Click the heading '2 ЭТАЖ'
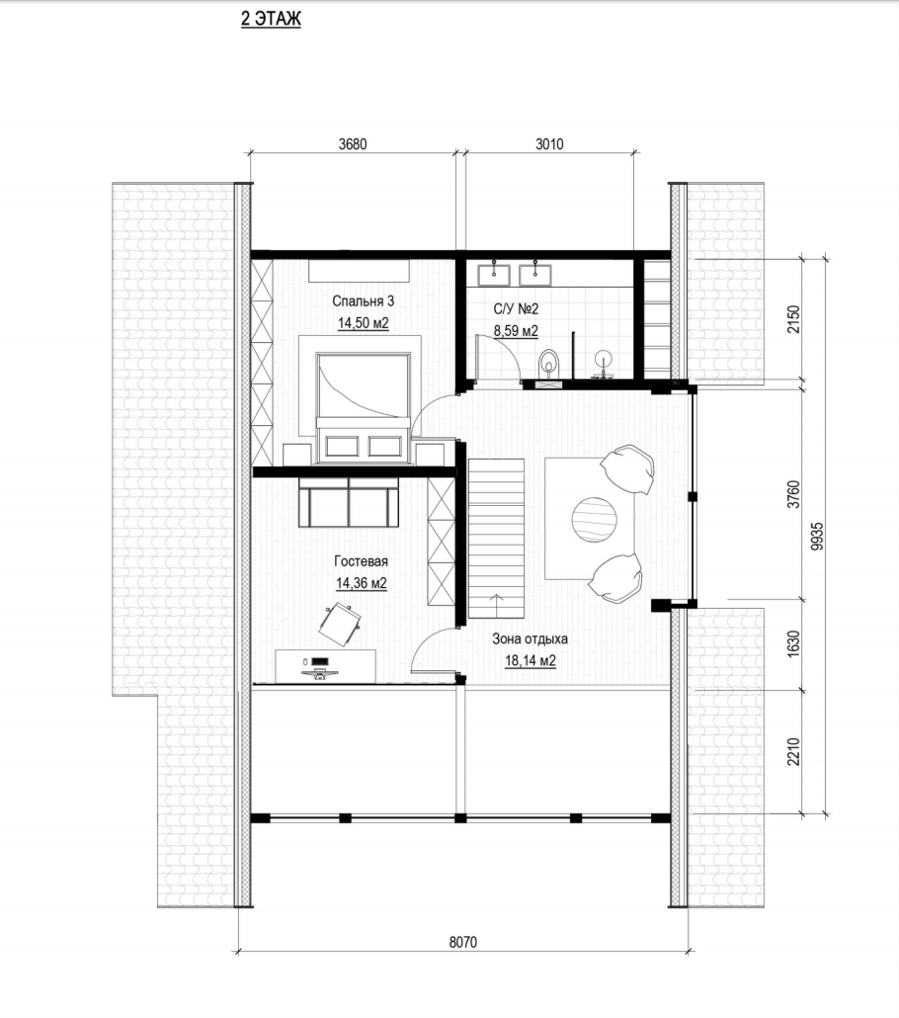[271, 19]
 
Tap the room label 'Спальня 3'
[363, 301]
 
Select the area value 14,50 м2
[363, 322]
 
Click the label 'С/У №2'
[516, 309]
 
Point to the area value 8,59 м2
[516, 331]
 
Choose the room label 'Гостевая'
[361, 561]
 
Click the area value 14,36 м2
[361, 583]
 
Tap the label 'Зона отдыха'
[530, 638]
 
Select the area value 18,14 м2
[531, 661]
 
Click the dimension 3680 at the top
[353, 144]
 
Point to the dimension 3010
[549, 144]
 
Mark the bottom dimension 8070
[462, 941]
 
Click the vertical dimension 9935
[817, 537]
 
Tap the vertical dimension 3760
[793, 494]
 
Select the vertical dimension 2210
[793, 751]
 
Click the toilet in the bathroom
[549, 363]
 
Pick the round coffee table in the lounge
[594, 520]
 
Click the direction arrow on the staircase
[497, 606]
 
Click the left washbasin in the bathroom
[494, 274]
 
